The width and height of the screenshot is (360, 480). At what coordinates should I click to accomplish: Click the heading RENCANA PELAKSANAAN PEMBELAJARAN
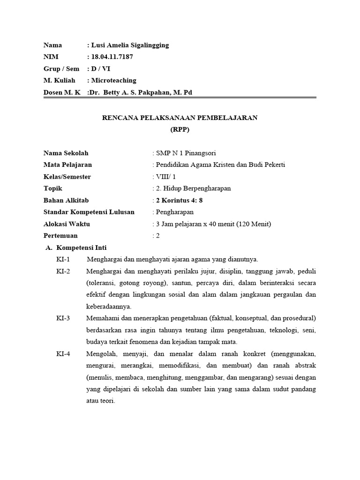click(180, 118)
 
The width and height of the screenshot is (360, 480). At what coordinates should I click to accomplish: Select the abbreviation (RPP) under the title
click(180, 129)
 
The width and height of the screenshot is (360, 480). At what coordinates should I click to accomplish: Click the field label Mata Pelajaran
click(67, 165)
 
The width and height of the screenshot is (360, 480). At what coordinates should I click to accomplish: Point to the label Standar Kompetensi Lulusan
click(89, 212)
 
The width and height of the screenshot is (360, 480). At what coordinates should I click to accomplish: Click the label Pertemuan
click(60, 236)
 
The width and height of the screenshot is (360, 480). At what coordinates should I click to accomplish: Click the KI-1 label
click(63, 260)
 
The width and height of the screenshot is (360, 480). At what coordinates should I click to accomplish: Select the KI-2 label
click(63, 271)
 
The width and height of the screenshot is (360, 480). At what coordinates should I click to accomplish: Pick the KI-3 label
click(63, 318)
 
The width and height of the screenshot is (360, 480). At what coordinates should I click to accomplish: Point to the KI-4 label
click(63, 354)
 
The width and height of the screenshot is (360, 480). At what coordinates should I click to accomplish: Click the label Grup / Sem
click(61, 69)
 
